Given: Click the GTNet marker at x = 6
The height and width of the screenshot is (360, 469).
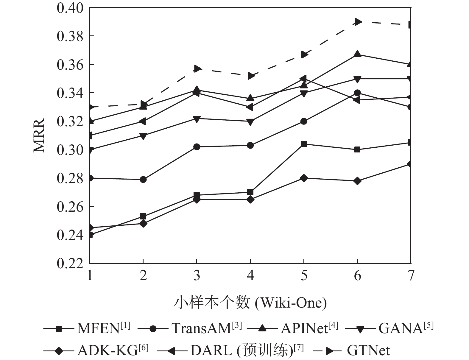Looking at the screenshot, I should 358,22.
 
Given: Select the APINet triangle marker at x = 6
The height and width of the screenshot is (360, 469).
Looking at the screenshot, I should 358,54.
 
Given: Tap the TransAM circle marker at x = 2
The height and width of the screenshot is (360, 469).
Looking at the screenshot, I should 143,179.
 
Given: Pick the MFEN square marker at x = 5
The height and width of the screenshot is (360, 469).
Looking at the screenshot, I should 304,144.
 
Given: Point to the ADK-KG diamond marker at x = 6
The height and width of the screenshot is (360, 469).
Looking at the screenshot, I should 358,181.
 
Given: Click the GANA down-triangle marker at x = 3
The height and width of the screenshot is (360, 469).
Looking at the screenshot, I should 197,119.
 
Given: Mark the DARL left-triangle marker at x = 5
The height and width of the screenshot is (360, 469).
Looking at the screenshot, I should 303,79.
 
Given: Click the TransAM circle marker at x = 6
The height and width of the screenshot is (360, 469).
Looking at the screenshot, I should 358,93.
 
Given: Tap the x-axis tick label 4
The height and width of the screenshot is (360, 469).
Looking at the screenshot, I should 250,275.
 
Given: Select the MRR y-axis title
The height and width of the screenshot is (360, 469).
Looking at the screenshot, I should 39,135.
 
